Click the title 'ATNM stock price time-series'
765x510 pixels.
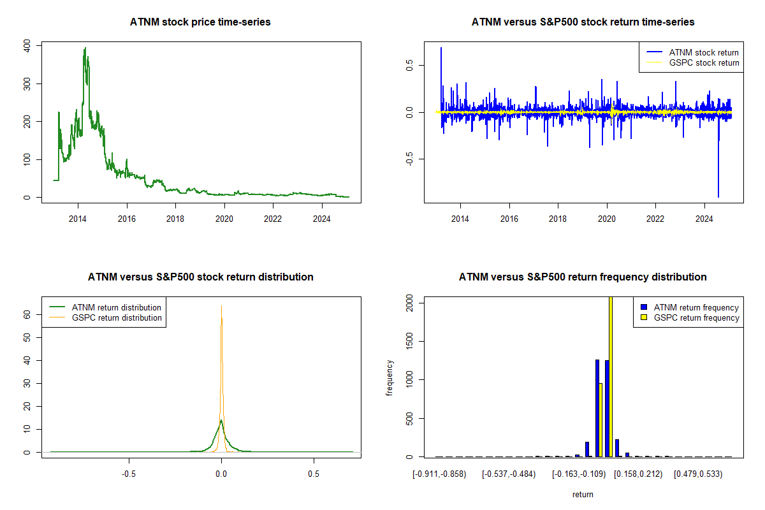pyautogui.click(x=200, y=22)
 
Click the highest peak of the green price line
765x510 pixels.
pyautogui.click(x=85, y=48)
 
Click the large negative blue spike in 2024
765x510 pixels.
pyautogui.click(x=718, y=195)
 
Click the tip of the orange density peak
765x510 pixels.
pyautogui.click(x=221, y=306)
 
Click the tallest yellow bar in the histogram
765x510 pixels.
pyautogui.click(x=611, y=376)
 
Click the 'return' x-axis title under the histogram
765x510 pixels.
pyautogui.click(x=583, y=494)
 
